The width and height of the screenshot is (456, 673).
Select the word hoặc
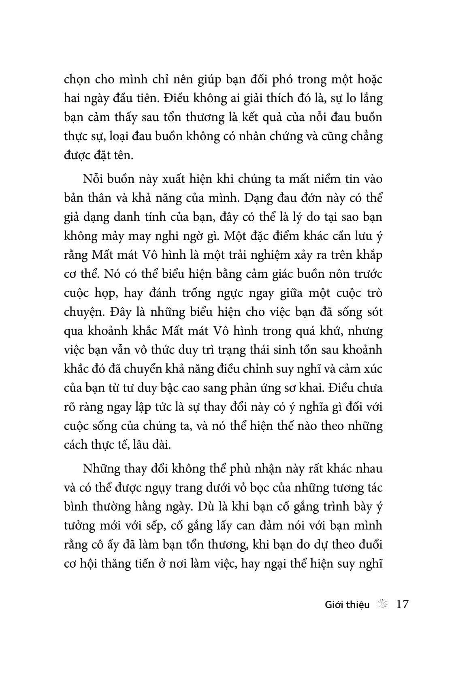coord(367,80)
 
